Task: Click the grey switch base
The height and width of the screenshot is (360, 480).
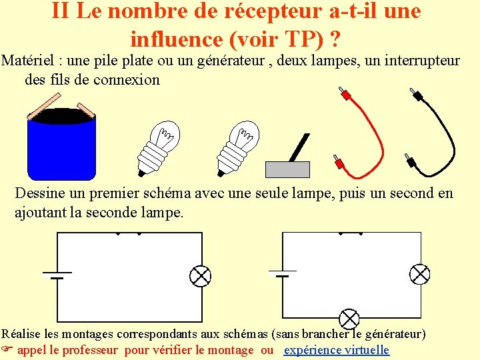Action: (287, 169)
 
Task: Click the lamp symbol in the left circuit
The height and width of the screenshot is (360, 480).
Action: (201, 275)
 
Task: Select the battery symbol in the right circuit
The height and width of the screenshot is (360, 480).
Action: (283, 273)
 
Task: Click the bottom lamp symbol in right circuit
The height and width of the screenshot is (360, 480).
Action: (349, 319)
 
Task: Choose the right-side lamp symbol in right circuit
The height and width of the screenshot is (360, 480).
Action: (419, 274)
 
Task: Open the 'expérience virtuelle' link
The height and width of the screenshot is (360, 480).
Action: (337, 349)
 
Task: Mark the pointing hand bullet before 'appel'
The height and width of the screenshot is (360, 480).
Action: (7, 349)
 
